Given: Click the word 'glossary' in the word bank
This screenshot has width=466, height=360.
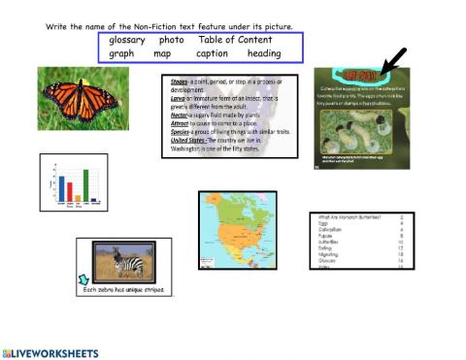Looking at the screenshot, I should click(x=127, y=40).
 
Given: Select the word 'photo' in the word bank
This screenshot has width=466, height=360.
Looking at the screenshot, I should click(x=172, y=40).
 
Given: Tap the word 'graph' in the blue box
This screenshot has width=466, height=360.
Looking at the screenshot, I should click(x=122, y=54).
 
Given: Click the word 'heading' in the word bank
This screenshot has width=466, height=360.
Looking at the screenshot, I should click(x=263, y=54).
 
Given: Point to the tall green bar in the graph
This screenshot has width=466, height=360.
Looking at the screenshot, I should click(x=85, y=185).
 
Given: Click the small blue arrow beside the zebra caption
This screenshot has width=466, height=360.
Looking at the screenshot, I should click(x=82, y=282).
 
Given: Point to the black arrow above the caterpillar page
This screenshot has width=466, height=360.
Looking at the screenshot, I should click(x=394, y=60).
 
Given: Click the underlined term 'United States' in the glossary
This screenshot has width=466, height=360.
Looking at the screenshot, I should click(x=191, y=139).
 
